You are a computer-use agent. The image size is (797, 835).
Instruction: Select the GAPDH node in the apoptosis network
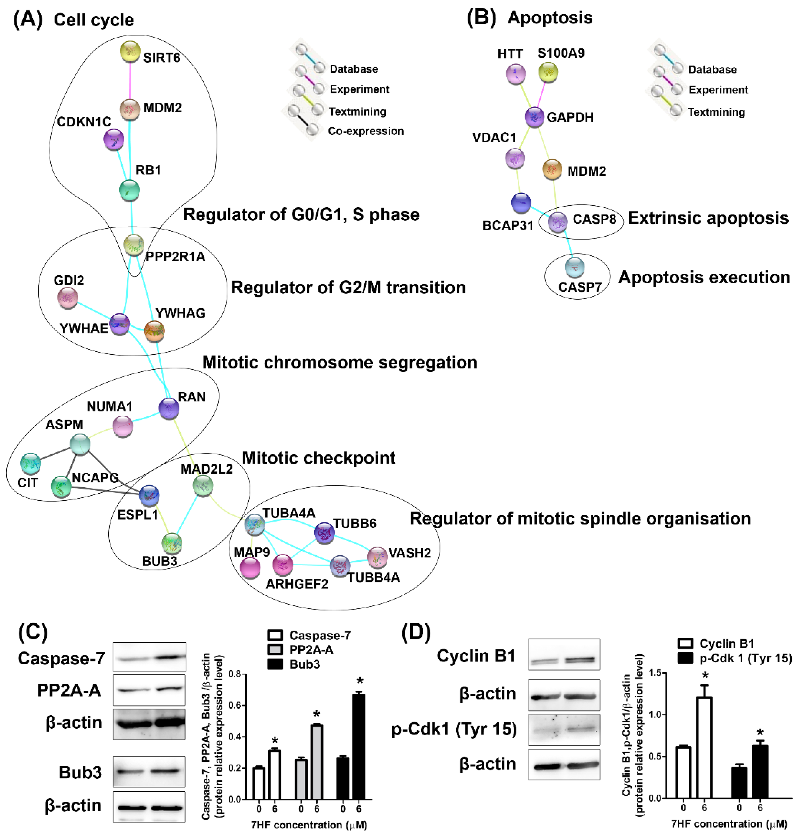[x=534, y=117]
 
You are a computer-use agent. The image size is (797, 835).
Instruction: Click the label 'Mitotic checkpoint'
[x=319, y=458]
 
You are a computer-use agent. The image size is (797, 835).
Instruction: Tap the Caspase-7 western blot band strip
[x=149, y=657]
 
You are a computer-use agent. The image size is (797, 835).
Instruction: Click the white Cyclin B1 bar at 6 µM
[x=704, y=747]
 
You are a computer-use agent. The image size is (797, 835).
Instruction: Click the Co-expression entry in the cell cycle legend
[x=365, y=131]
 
